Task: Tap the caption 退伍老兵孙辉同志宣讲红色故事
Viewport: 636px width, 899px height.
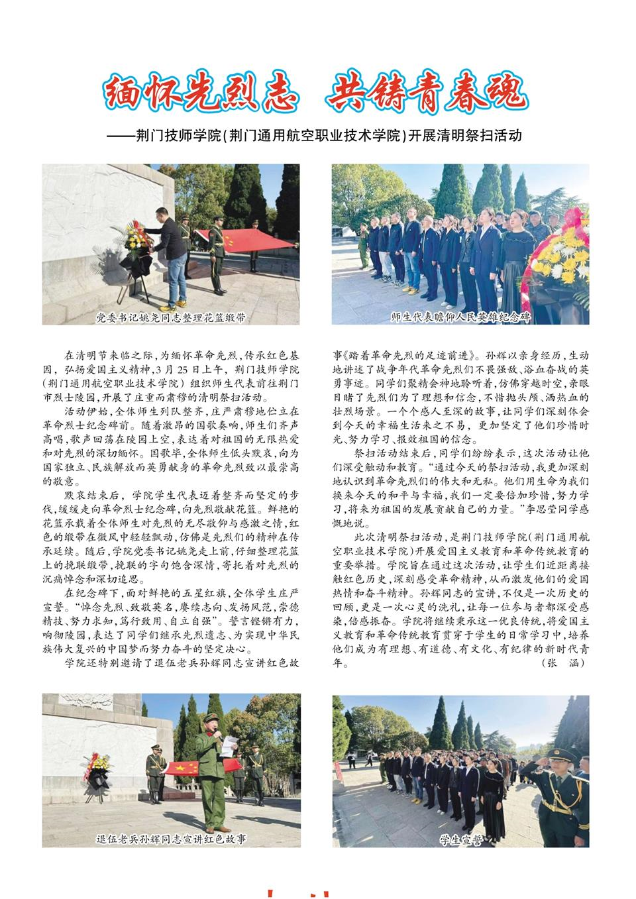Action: pyautogui.click(x=171, y=839)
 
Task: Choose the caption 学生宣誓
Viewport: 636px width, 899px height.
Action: pyautogui.click(x=460, y=839)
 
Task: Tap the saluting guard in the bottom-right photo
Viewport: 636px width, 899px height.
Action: pyautogui.click(x=563, y=788)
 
